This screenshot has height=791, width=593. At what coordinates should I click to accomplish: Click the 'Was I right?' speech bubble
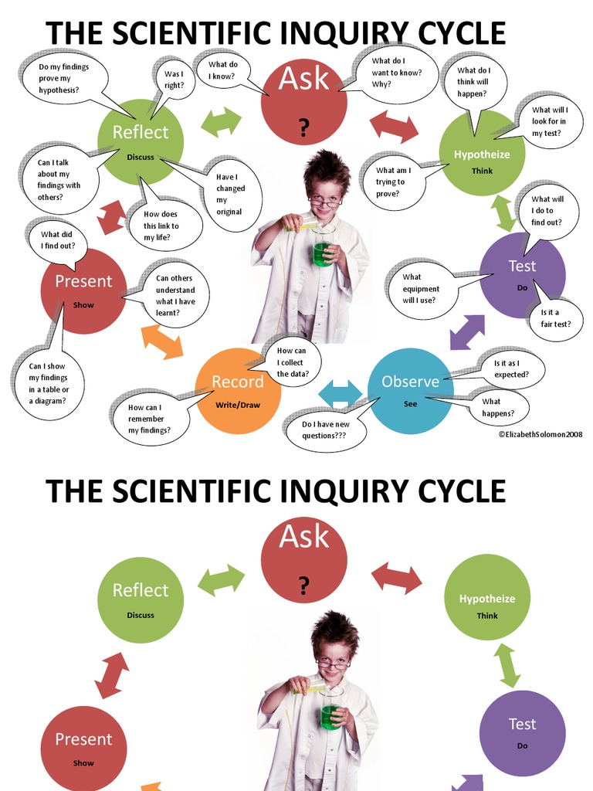pos(174,79)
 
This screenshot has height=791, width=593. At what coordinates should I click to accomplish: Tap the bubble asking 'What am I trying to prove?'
pos(392,182)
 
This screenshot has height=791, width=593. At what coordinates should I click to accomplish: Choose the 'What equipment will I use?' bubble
pos(422,288)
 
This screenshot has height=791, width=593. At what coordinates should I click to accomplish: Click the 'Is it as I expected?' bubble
pos(511,368)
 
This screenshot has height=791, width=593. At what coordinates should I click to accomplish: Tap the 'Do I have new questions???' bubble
pos(324,430)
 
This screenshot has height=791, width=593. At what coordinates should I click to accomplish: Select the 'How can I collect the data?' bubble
pos(291,362)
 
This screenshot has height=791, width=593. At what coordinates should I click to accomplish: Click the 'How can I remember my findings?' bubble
pos(150,419)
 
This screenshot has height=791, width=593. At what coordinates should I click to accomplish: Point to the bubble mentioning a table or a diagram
pos(49,383)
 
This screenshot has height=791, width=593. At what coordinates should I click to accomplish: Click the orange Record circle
pos(238,390)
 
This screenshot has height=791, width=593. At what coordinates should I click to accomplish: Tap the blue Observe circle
pos(410,390)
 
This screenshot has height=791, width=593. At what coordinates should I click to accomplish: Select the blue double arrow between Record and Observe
pos(340,392)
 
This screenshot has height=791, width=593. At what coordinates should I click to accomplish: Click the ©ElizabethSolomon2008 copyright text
pos(540,435)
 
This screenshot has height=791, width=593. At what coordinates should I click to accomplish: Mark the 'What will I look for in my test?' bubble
pos(549,122)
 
